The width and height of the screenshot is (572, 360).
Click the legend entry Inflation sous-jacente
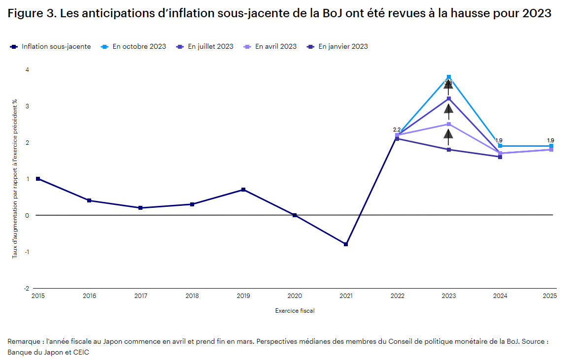click(56, 47)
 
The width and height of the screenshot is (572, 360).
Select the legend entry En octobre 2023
click(139, 47)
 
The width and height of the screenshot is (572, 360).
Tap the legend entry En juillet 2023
click(210, 47)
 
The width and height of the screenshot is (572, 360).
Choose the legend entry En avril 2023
click(275, 47)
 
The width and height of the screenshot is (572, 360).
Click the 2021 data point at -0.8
click(346, 244)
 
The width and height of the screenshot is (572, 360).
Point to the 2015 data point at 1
click(38, 179)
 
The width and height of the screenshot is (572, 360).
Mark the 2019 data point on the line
click(243, 190)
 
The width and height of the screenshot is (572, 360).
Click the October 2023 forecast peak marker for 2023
click(448, 77)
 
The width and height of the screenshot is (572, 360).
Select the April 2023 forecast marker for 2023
click(448, 124)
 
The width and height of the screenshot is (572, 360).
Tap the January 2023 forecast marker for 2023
click(448, 150)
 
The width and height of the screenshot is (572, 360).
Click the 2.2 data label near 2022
click(397, 130)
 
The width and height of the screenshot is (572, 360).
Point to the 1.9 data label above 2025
click(550, 140)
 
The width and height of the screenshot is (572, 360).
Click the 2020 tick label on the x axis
click(295, 296)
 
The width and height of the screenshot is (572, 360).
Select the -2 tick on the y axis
click(27, 289)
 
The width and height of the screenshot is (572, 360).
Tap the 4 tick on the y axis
click(27, 70)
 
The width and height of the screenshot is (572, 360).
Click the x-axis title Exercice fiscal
click(295, 311)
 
